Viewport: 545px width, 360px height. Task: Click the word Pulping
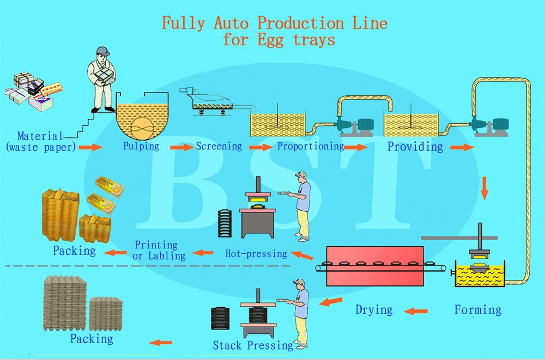(141, 146)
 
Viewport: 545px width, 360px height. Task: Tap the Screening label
(219, 146)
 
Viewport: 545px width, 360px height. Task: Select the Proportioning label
(310, 146)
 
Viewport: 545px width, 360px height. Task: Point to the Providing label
(415, 147)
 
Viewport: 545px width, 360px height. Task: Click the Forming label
(477, 310)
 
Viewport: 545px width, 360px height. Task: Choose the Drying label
(374, 310)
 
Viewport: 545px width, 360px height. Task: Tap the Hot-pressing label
(256, 253)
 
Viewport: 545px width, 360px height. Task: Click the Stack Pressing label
(253, 345)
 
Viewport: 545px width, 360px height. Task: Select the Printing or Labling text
(159, 251)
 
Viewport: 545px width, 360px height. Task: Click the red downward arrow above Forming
(484, 188)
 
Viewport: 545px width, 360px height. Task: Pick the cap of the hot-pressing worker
(300, 175)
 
